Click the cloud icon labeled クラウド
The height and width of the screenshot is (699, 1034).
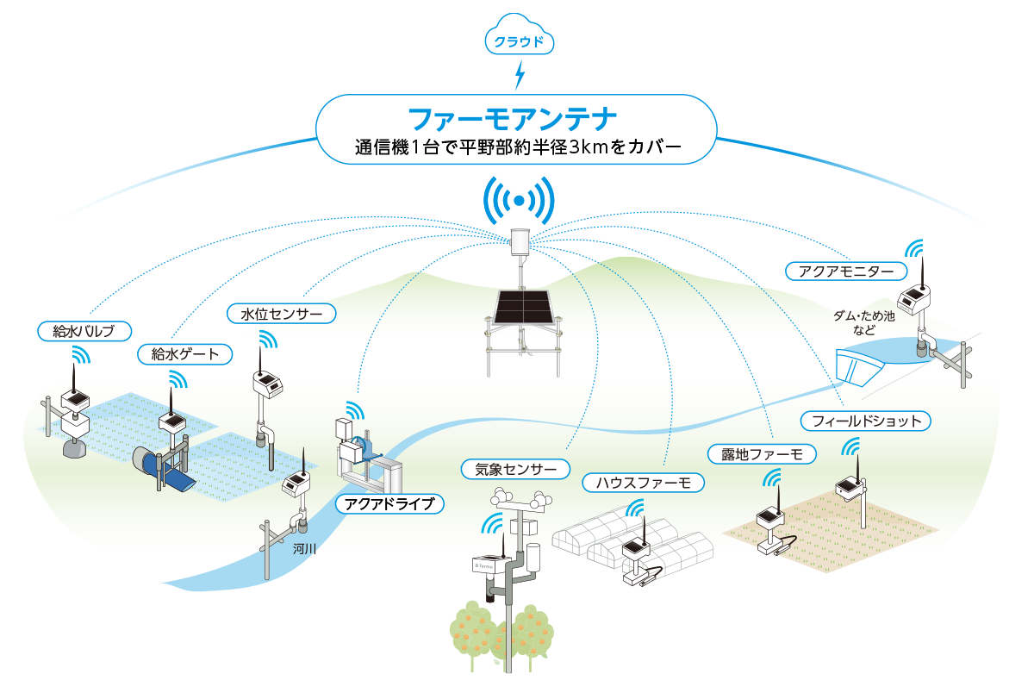(x=520, y=34)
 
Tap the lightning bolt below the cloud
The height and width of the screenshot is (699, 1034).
(x=520, y=75)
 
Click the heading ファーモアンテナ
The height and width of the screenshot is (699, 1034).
(x=513, y=119)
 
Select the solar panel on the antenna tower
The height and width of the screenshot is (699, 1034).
(x=524, y=307)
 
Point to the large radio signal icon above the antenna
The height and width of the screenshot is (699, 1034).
(x=520, y=200)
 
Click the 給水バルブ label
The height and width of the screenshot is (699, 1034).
(x=84, y=331)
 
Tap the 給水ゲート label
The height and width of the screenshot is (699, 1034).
(x=184, y=354)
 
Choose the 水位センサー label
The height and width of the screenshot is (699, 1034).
(x=282, y=314)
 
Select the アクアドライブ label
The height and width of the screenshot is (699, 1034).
(x=389, y=503)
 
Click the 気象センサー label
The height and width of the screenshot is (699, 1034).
(x=515, y=469)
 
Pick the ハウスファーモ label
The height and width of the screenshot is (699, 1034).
(x=644, y=483)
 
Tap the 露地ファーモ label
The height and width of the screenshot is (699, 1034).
(x=762, y=454)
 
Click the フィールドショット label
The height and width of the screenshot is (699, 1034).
(x=865, y=421)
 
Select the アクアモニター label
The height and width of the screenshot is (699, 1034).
(x=846, y=271)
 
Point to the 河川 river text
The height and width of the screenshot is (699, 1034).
(x=305, y=549)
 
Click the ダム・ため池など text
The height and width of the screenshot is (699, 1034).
(x=863, y=322)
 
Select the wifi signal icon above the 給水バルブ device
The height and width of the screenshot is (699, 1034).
(x=81, y=355)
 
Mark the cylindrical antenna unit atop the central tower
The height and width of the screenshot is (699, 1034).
(x=520, y=241)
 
